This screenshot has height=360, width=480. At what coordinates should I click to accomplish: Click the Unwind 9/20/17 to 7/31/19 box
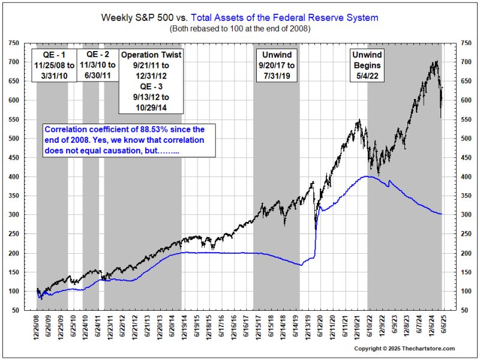[x=277, y=68]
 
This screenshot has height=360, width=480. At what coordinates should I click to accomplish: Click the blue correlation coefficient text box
[x=128, y=141]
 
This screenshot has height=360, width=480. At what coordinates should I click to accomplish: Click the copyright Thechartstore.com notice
[x=404, y=349]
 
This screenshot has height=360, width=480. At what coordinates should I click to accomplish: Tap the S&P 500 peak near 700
[x=435, y=62]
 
